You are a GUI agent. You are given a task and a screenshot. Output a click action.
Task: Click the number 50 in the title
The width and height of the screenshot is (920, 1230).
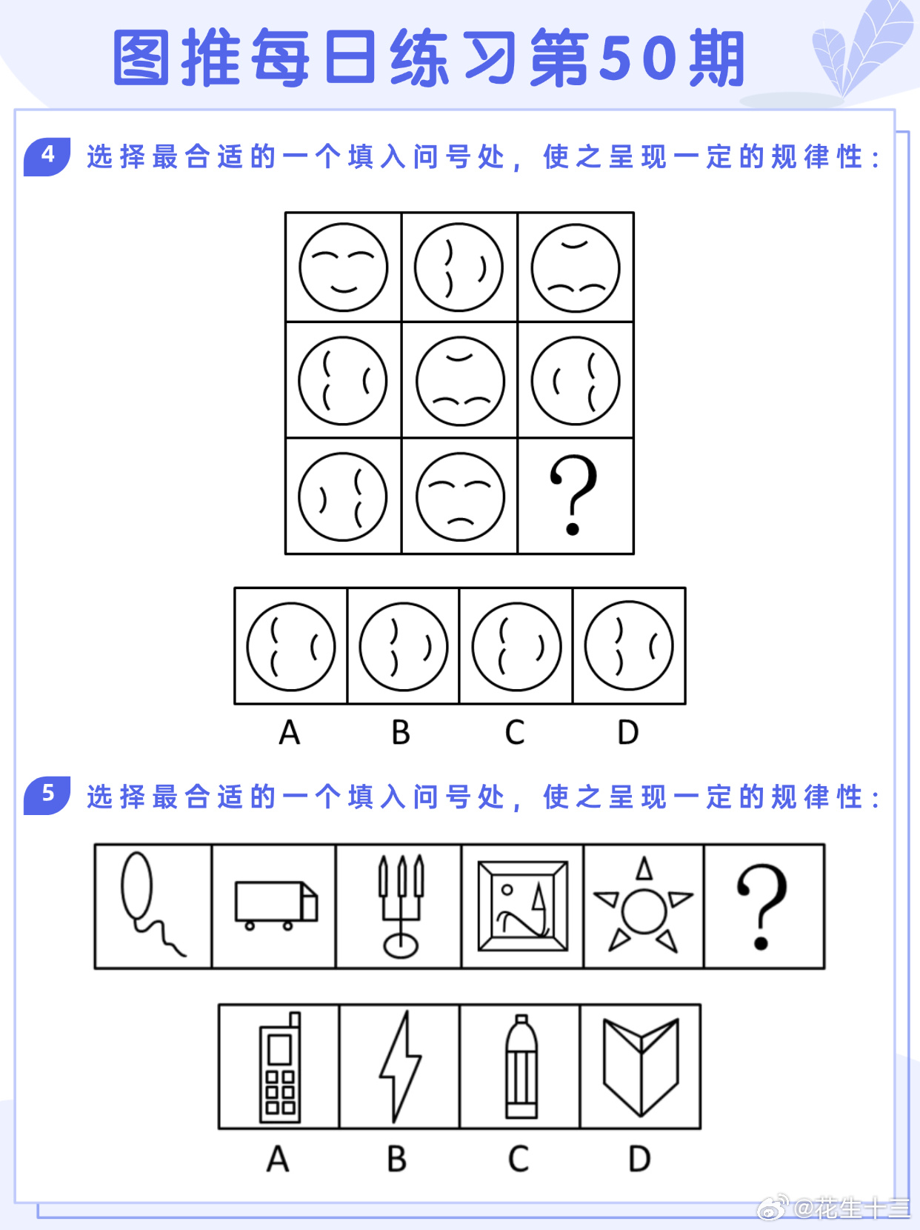point(637,59)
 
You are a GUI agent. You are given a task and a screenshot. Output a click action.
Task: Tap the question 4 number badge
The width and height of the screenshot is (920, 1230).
point(47,156)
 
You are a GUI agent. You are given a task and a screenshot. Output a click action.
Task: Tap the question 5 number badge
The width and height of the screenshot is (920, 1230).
point(47,795)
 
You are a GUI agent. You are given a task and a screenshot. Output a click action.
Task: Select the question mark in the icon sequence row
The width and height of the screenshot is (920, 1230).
point(761,906)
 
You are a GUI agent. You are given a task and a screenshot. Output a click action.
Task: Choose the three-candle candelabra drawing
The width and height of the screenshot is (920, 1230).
point(401,906)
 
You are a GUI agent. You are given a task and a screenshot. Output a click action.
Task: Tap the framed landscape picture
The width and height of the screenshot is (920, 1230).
point(522,906)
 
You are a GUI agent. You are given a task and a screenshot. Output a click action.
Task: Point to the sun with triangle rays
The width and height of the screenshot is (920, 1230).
point(644,905)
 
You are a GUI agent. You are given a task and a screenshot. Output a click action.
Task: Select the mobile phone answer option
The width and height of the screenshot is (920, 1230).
point(280,1068)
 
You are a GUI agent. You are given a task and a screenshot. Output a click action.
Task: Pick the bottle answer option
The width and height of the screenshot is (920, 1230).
point(521,1068)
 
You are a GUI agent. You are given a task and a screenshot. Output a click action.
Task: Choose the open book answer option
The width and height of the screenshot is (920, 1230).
point(641,1067)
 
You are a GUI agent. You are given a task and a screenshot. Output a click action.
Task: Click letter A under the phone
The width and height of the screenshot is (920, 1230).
point(278,1158)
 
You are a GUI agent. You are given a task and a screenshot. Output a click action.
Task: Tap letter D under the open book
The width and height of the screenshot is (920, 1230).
point(639,1158)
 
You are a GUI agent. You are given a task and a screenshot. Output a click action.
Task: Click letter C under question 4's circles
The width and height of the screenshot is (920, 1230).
point(515,732)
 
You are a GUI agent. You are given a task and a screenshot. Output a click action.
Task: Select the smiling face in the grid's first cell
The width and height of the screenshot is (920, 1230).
point(343,267)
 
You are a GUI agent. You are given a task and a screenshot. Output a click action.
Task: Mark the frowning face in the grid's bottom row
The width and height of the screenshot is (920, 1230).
point(460,497)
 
